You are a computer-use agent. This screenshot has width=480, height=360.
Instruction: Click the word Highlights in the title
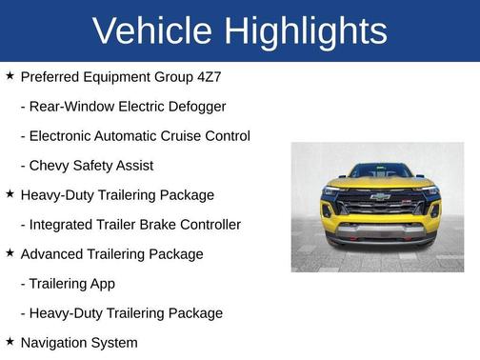pyautogui.click(x=305, y=31)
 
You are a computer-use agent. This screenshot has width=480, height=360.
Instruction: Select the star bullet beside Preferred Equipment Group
pyautogui.click(x=10, y=75)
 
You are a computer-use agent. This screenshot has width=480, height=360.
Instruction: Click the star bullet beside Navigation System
pyautogui.click(x=10, y=341)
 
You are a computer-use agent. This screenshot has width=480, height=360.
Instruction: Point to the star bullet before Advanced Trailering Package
pyautogui.click(x=10, y=253)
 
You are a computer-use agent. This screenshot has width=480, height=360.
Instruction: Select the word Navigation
pyautogui.click(x=55, y=342)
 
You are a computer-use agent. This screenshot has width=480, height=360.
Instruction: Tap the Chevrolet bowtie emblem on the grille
pyautogui.click(x=380, y=197)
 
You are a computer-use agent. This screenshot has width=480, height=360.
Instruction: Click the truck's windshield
pyautogui.click(x=380, y=171)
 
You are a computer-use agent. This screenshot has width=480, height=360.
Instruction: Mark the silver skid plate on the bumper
pyautogui.click(x=380, y=231)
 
